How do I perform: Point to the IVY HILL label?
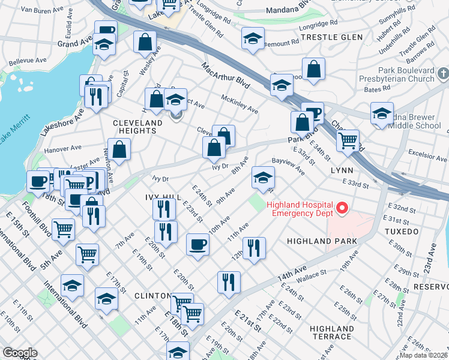coord(163,197)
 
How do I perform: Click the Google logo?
coord(20,353)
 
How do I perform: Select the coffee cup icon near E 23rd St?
coord(197,244)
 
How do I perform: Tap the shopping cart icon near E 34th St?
coord(347,141)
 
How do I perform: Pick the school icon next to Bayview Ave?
coord(263,177)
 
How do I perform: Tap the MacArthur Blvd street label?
coord(225,73)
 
